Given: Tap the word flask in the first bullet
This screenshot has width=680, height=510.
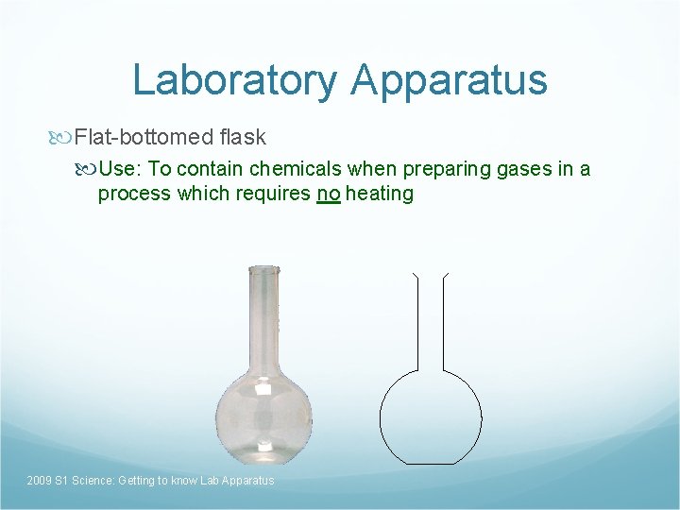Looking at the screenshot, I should click(x=243, y=138).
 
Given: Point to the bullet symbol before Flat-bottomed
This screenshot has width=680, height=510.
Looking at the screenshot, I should click(x=63, y=138).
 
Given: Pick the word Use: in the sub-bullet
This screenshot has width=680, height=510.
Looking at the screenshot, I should click(x=120, y=169).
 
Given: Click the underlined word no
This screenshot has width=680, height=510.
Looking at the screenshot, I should click(x=329, y=194).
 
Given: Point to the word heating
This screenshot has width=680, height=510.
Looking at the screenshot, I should click(x=380, y=194).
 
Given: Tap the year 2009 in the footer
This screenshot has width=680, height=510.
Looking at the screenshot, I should click(x=40, y=481).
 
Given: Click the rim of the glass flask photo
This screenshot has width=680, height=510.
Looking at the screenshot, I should click(x=263, y=270).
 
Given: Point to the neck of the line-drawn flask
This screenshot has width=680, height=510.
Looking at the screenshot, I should click(x=431, y=321).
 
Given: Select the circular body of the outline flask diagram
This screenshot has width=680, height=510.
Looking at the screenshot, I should click(x=431, y=416).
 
